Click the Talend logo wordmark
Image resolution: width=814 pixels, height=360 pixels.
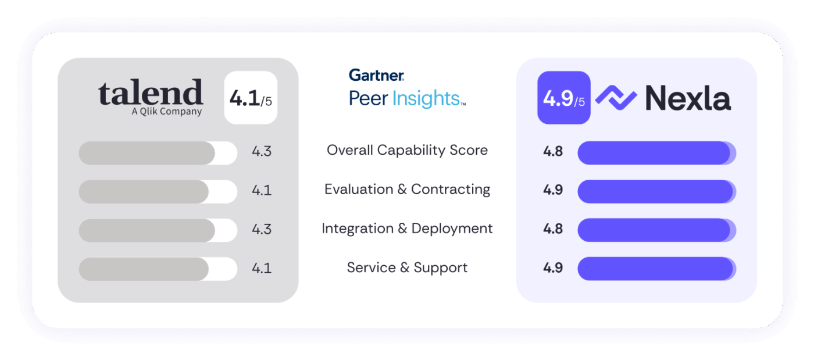point(151,92)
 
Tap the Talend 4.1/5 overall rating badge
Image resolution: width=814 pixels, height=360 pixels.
point(251,98)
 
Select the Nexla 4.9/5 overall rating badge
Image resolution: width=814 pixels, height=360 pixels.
point(563,98)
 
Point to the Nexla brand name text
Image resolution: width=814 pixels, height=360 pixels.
point(688,98)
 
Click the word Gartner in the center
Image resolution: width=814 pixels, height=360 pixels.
point(376,75)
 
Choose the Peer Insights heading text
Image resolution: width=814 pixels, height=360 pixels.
point(406,98)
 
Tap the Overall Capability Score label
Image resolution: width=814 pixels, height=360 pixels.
point(407,150)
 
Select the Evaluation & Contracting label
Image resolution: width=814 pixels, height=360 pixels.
point(407,190)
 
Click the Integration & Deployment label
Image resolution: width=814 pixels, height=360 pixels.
point(407,229)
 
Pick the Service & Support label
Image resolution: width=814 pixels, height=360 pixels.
point(407,268)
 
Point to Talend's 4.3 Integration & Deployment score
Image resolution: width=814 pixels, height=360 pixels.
point(262,229)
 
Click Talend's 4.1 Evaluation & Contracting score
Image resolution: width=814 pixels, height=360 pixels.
point(262,190)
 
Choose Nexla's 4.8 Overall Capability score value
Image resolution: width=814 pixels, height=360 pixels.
point(553,151)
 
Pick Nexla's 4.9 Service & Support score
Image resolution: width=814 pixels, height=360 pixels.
point(553,268)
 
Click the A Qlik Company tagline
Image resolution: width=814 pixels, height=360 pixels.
point(167,112)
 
